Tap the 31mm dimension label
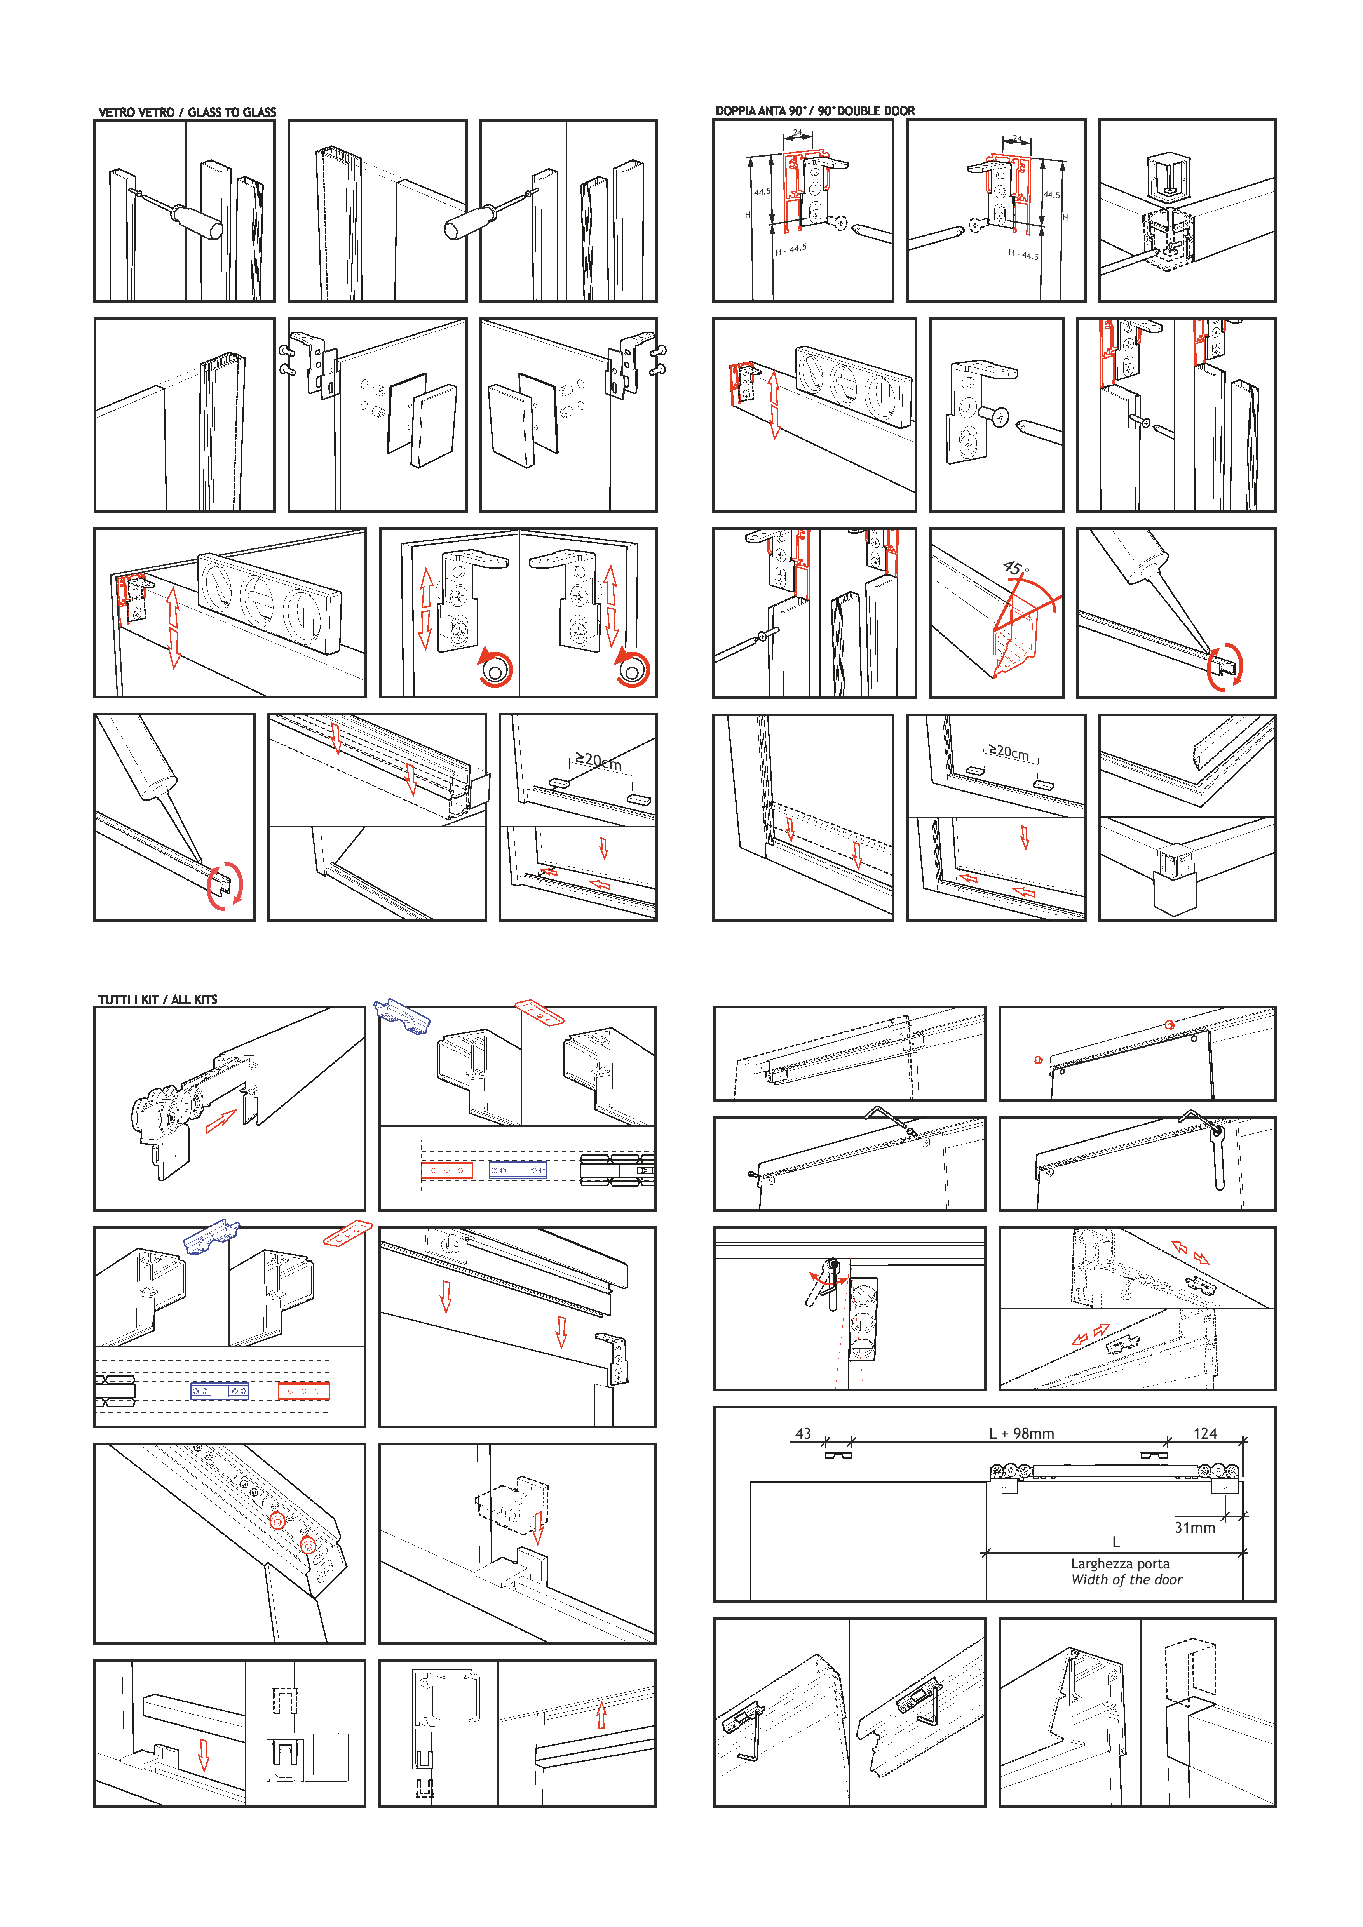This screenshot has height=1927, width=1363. pos(1194,1527)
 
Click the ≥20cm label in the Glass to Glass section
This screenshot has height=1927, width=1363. pos(598,761)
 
